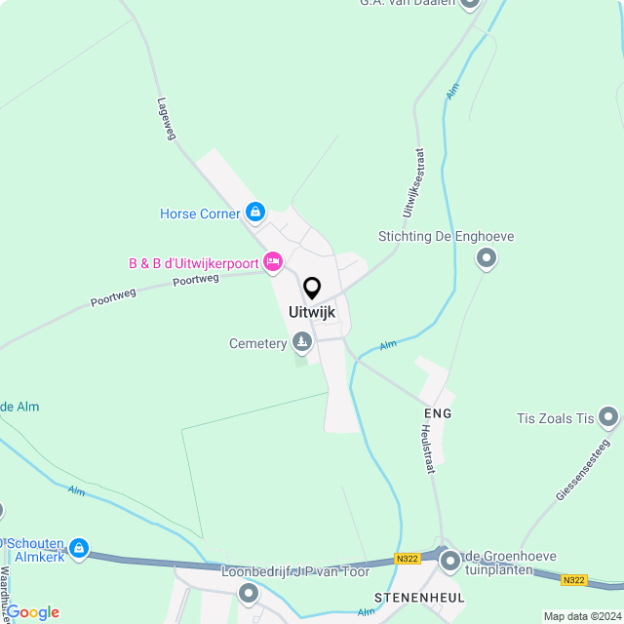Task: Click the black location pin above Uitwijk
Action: coord(312,289)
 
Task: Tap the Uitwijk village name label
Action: coord(312,313)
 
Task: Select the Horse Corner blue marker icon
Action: coord(254,213)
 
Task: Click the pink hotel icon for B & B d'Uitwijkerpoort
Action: coord(273,261)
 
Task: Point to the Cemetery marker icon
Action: coord(302,342)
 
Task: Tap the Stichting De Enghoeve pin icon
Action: coord(486,258)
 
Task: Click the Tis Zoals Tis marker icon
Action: coord(609,418)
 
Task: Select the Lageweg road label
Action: coord(166,118)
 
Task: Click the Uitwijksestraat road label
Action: coord(412,182)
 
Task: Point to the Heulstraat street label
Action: coord(427,448)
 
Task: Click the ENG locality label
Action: coord(438,413)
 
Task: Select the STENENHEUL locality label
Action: coord(419,596)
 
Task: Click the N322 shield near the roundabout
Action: coord(408,558)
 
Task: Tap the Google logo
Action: coord(33,612)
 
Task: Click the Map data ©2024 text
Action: coord(581,616)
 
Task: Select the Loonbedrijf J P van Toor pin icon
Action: coord(249,592)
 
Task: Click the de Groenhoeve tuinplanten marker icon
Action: coord(449,561)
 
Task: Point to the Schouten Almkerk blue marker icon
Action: coord(79,549)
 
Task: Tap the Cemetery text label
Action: coord(257,343)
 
